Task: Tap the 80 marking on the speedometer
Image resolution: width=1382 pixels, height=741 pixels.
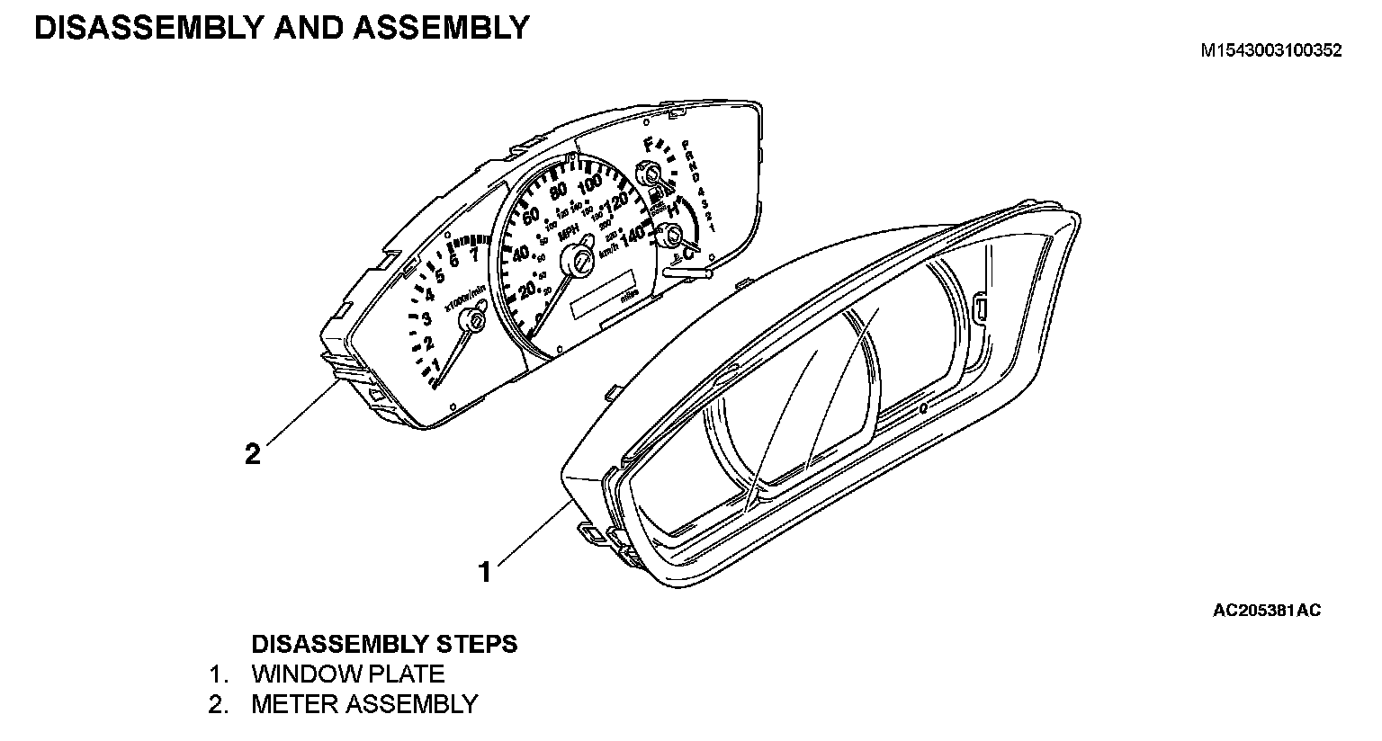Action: click(558, 191)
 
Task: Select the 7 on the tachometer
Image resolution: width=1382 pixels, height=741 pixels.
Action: click(473, 253)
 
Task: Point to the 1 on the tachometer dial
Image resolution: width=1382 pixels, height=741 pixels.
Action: click(436, 364)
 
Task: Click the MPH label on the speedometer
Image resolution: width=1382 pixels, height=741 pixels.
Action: click(569, 233)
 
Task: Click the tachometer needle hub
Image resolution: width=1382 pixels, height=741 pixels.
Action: click(471, 321)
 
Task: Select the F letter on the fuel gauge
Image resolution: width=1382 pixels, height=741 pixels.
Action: click(649, 144)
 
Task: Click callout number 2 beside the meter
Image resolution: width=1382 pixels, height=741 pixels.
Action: click(253, 454)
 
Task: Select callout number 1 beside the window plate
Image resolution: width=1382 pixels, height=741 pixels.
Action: click(485, 571)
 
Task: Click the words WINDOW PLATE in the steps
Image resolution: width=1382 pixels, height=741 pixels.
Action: click(347, 674)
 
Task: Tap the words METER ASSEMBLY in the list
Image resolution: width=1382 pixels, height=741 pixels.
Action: click(364, 703)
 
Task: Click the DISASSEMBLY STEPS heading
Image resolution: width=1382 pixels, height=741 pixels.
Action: click(384, 644)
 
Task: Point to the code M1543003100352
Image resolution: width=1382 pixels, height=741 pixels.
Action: click(1271, 50)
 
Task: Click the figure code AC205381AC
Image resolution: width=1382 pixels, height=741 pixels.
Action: click(1267, 612)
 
